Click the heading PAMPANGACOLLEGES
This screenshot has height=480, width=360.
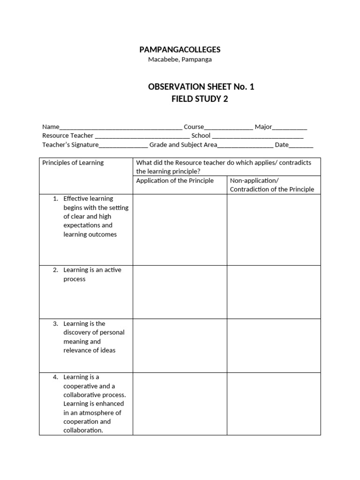point(180,50)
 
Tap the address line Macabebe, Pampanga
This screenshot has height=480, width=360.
point(180,60)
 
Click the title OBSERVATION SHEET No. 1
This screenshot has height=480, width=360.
point(201,87)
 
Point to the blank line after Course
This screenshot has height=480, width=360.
point(228,127)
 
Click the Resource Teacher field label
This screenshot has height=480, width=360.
point(68,135)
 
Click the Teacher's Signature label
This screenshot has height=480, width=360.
point(70,145)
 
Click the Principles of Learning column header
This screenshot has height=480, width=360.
point(73,163)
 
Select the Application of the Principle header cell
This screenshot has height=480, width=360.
point(175,181)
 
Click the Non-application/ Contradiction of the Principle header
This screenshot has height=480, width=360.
point(272,185)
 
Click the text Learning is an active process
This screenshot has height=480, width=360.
point(92,274)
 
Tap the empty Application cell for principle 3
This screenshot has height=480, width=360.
point(180,345)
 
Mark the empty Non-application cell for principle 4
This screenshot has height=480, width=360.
point(274,404)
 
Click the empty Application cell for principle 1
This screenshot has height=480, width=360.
point(180,230)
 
